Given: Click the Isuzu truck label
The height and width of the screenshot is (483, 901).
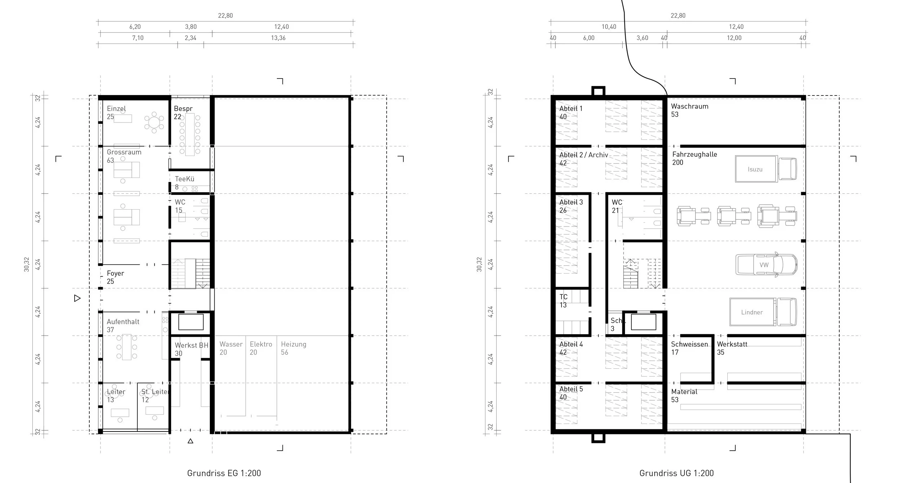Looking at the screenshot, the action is tap(755, 169).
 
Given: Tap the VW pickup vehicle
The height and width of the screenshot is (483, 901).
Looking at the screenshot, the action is tap(766, 265).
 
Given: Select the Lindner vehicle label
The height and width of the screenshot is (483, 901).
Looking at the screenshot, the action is tap(752, 312).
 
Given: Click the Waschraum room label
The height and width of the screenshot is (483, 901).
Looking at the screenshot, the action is tap(689, 106).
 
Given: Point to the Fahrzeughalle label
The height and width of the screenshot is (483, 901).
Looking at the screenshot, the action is tap(694, 155).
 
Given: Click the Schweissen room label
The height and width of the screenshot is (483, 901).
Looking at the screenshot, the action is tap(689, 344).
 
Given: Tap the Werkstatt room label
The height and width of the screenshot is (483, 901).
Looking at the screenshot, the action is tap(732, 344).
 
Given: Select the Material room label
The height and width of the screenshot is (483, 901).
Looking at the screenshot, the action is tap(684, 392).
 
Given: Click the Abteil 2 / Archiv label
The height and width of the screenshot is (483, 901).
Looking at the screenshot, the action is tap(583, 155).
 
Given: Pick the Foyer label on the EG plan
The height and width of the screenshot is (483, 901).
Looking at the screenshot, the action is tap(115, 273).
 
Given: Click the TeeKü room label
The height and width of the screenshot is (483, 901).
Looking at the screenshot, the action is tap(185, 179).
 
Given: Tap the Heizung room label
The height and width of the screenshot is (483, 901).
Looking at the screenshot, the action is tap(293, 344).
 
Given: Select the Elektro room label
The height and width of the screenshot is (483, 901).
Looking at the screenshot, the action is tap(261, 344).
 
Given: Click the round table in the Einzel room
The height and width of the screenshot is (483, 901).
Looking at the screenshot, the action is tap(154, 122).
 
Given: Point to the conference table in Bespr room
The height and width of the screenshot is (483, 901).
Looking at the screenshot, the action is tap(190, 134).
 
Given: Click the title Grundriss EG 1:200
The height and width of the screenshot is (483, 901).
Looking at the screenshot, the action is tap(224, 473).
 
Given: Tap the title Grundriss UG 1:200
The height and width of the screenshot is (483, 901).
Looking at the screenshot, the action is tap(676, 473).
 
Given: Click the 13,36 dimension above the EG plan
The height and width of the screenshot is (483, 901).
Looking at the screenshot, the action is tap(278, 38).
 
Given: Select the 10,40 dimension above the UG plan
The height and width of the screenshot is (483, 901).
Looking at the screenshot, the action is tap(609, 27).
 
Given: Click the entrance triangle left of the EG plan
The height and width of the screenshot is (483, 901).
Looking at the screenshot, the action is tap(77, 298).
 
